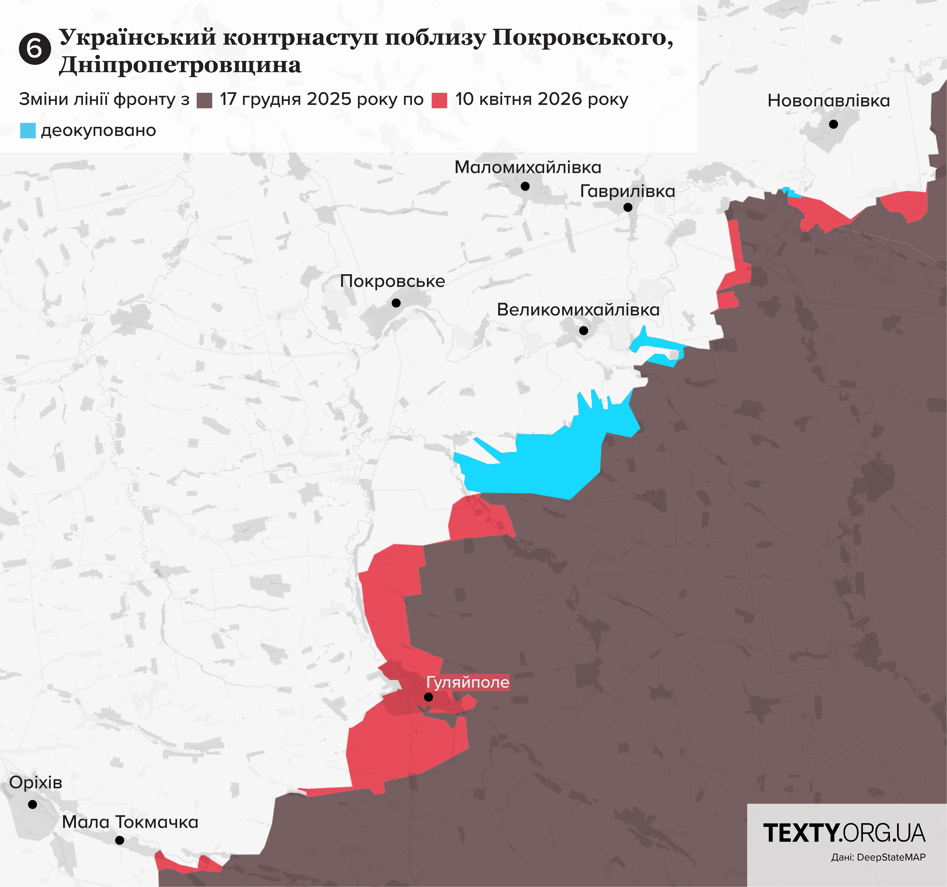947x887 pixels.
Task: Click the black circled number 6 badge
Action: pos(35,49)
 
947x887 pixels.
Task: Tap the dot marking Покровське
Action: pos(396,303)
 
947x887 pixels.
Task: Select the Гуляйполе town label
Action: pos(467,682)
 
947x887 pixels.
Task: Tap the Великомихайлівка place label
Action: pos(578,310)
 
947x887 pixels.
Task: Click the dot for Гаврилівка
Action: pos(628,207)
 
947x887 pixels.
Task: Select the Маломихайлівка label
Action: pos(528,167)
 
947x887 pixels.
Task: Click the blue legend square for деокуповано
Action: pos(28,130)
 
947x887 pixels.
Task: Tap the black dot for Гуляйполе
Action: pos(428,697)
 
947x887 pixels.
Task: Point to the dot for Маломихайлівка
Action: pos(525,186)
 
